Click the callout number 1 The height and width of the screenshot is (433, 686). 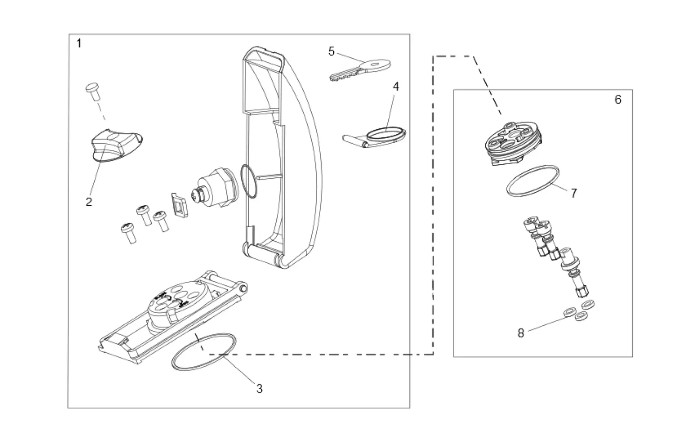click(79, 43)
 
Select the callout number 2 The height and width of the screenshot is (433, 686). click(89, 202)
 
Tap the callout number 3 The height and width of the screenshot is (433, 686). click(259, 388)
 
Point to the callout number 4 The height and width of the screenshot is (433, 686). click(396, 86)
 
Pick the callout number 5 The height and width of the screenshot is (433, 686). click(331, 51)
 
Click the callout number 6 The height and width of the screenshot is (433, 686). click(618, 99)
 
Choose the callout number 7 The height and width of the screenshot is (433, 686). click(574, 193)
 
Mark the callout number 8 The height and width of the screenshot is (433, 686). click(521, 333)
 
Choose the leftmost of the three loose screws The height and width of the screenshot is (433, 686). click(128, 232)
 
